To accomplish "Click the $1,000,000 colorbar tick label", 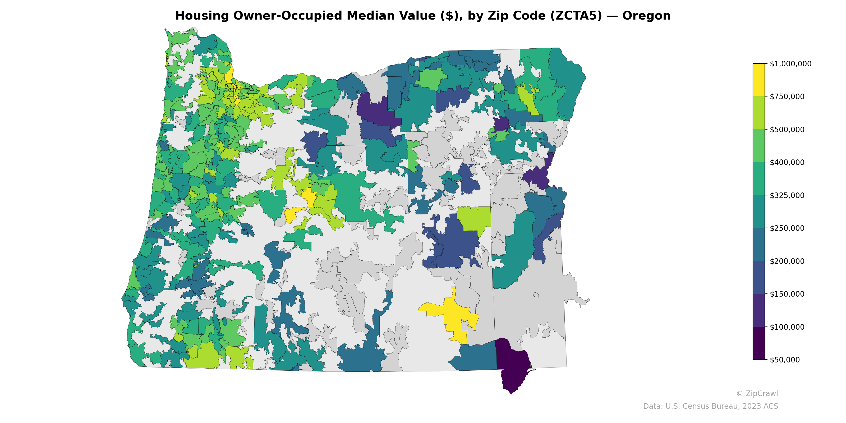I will click(790, 64).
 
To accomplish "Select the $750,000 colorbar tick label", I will click(787, 96).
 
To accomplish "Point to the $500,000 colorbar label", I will click(787, 129).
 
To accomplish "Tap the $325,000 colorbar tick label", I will click(787, 195).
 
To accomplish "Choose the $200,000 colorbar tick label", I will click(787, 261).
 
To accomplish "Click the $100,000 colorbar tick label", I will click(787, 327).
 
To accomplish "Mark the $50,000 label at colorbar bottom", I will click(785, 360).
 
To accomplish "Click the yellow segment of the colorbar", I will click(759, 80).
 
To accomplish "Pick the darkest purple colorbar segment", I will click(759, 343).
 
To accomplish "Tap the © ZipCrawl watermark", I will click(757, 393).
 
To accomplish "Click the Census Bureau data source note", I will click(710, 406).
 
